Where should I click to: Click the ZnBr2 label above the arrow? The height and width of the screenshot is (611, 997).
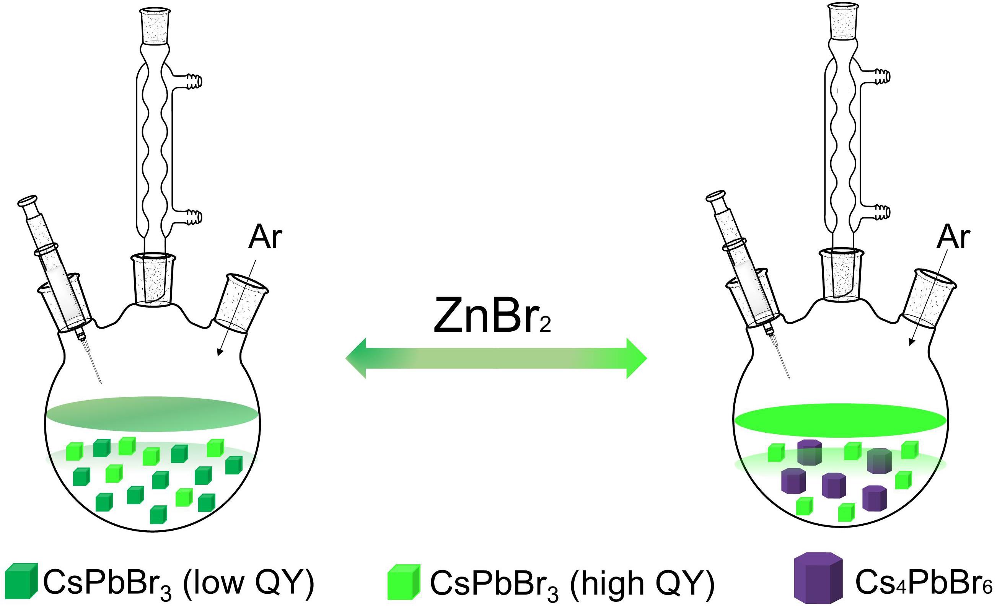tap(491, 314)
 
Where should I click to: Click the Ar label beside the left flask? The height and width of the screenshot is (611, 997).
tap(265, 238)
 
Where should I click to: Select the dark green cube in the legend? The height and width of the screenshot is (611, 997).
tap(21, 581)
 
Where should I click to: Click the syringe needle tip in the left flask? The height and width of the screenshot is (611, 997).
tap(101, 382)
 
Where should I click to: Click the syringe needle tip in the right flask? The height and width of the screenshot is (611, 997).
tap(789, 378)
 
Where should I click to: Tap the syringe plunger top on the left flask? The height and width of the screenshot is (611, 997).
tap(28, 201)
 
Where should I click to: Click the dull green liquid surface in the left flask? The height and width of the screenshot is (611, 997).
tap(152, 414)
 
